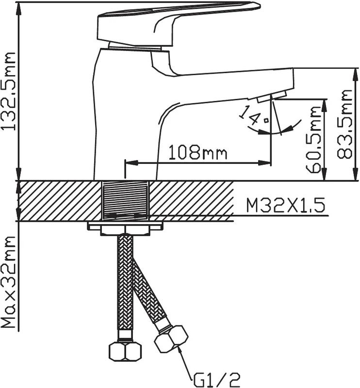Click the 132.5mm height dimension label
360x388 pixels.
(9, 91)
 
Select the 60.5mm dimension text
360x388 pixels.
(313, 140)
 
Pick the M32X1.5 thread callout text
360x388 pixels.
(285, 205)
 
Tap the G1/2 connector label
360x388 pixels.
(217, 380)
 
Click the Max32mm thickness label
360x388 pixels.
(9, 282)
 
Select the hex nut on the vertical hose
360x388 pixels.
(125, 351)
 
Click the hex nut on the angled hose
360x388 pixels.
(171, 339)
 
